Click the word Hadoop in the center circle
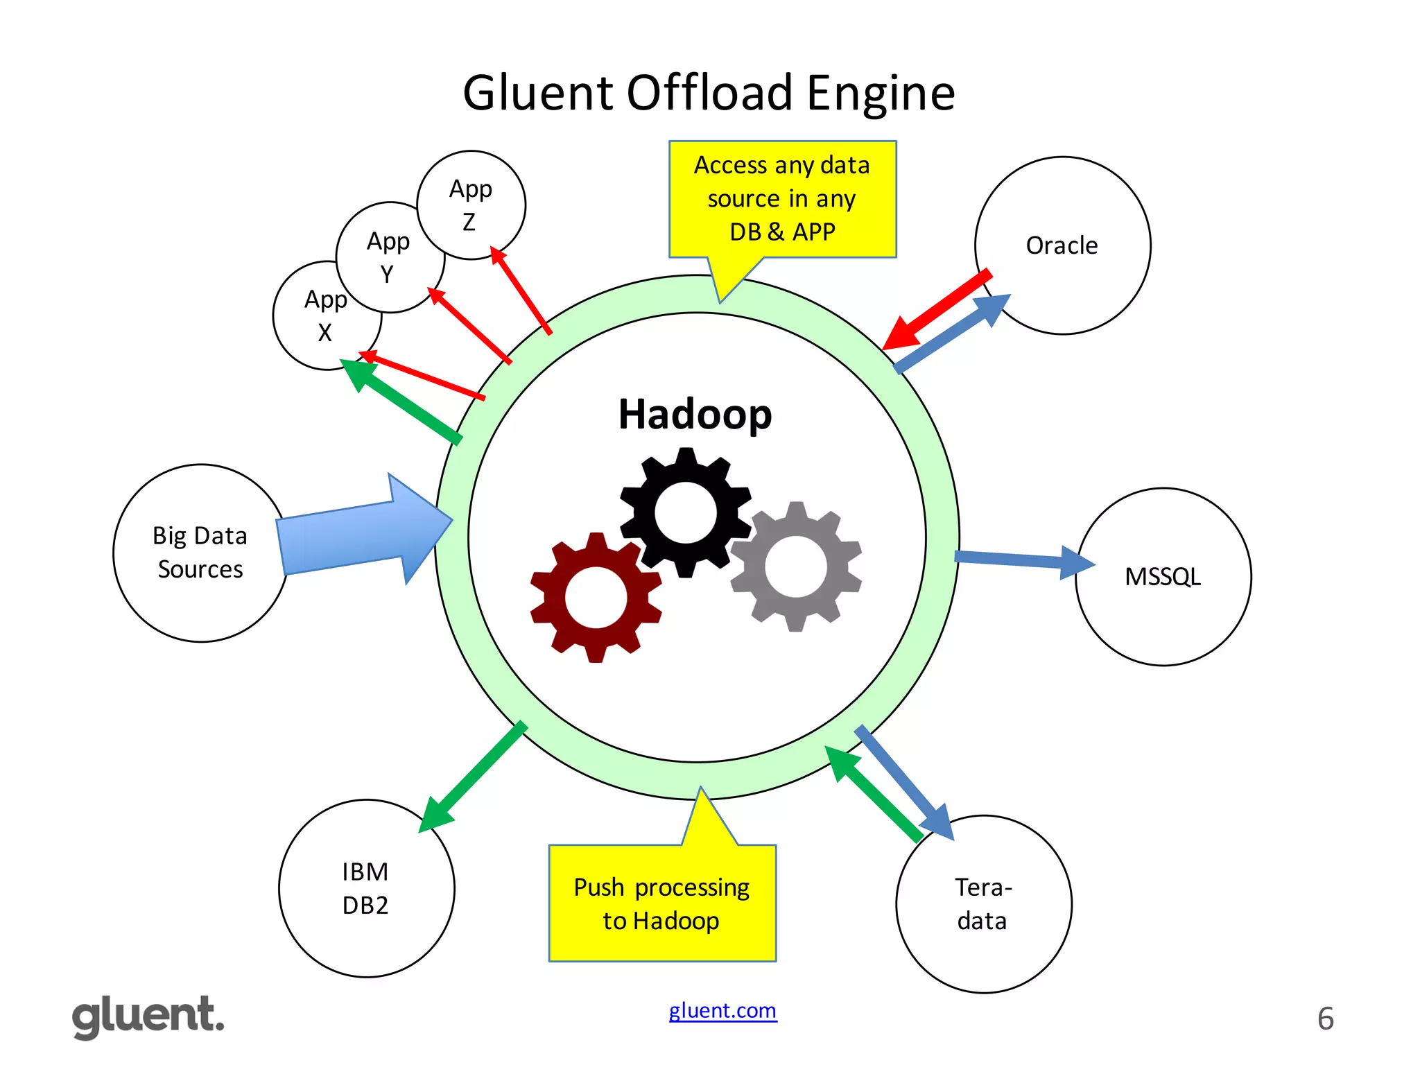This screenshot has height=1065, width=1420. [695, 414]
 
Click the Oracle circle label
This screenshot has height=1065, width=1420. [1062, 245]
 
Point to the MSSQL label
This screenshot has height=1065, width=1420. [1163, 577]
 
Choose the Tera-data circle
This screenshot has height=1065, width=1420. [983, 904]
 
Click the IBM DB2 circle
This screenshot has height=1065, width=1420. [366, 888]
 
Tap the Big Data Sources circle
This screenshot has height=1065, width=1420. [200, 553]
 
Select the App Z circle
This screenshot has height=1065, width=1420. [471, 205]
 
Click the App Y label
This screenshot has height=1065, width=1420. [388, 257]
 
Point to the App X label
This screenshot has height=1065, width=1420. [325, 315]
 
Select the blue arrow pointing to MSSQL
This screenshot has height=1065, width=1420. [1019, 560]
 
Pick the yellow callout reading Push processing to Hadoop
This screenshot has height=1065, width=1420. [661, 903]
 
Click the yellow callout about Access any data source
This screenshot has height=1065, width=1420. [782, 198]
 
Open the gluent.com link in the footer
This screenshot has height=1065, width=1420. [722, 1010]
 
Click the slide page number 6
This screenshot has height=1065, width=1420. [1325, 1019]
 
